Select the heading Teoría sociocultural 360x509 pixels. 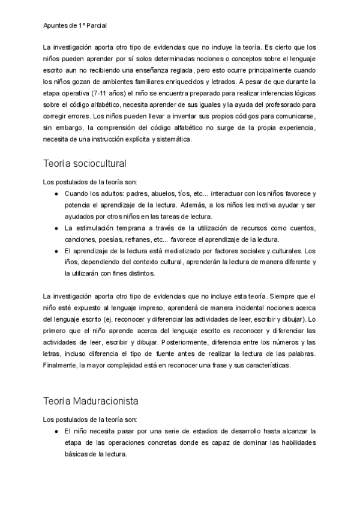(84, 163)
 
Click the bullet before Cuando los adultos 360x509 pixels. (56, 193)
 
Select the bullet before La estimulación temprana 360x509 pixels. (56, 228)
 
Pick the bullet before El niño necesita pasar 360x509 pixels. (56, 431)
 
